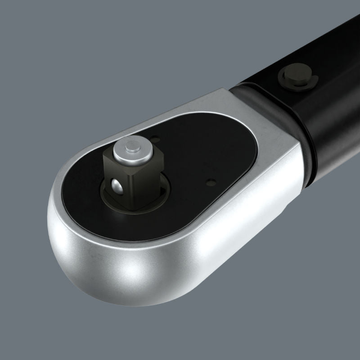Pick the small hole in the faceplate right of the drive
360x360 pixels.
click(x=209, y=183)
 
